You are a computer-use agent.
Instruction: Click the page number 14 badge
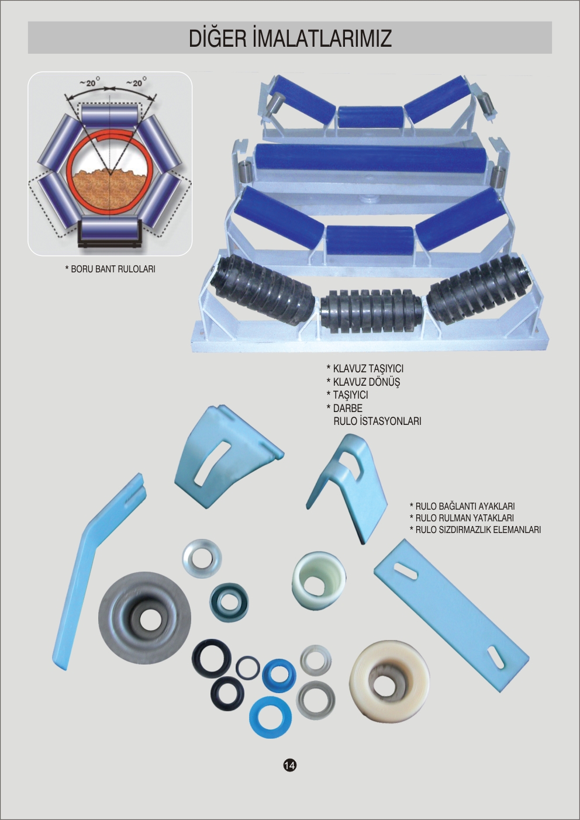(x=289, y=764)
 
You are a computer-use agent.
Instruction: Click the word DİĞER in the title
(x=218, y=38)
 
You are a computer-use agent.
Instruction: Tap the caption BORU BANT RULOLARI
(x=111, y=269)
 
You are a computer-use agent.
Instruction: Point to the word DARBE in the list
(x=347, y=408)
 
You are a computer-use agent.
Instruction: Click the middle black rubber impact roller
(x=371, y=311)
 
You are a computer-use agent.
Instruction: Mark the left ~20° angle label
(x=89, y=82)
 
